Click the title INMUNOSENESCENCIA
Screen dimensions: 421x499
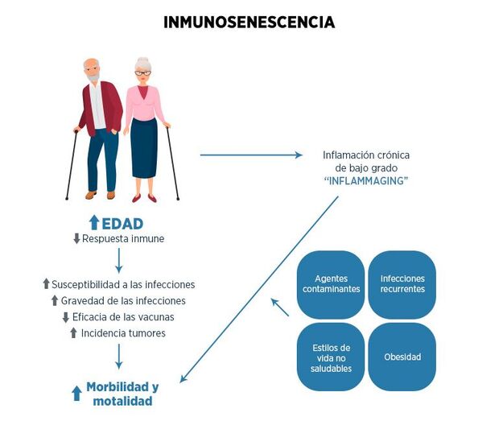click(x=249, y=23)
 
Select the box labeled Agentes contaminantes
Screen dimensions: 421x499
click(x=331, y=284)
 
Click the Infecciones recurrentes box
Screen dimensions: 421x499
click(x=402, y=284)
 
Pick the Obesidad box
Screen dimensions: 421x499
click(x=402, y=357)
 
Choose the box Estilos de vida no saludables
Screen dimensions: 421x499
click(x=331, y=357)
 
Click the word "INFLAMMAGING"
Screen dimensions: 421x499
click(x=365, y=182)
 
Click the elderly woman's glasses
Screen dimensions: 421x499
click(x=142, y=73)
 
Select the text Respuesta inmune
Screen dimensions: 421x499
click(x=122, y=239)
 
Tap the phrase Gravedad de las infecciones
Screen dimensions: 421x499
click(x=123, y=300)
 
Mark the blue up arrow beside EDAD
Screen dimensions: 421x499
click(x=94, y=223)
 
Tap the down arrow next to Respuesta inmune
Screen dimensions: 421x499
click(x=76, y=239)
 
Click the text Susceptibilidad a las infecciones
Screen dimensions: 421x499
click(x=123, y=284)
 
